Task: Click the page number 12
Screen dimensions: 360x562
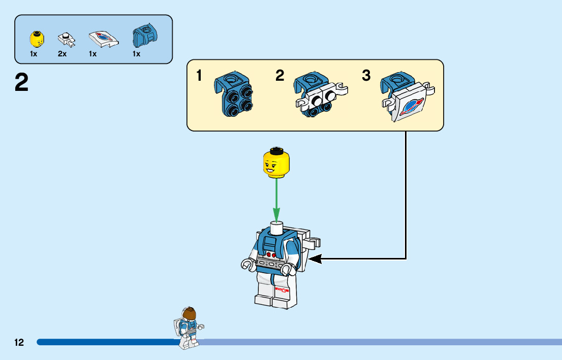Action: coord(19,342)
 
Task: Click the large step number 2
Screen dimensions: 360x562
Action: coord(21,83)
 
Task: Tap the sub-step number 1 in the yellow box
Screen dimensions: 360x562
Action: coord(199,76)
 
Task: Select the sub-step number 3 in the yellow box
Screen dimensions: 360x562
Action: coord(366,76)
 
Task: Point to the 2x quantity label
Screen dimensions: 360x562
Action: coord(63,54)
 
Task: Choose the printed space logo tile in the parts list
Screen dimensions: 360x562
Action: coord(103,39)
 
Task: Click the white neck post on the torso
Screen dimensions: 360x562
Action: coord(276,227)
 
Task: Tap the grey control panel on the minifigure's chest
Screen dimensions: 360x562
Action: coord(269,261)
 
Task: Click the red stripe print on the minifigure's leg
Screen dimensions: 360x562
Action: coord(282,290)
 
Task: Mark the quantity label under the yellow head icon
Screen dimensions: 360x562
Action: coord(34,54)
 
